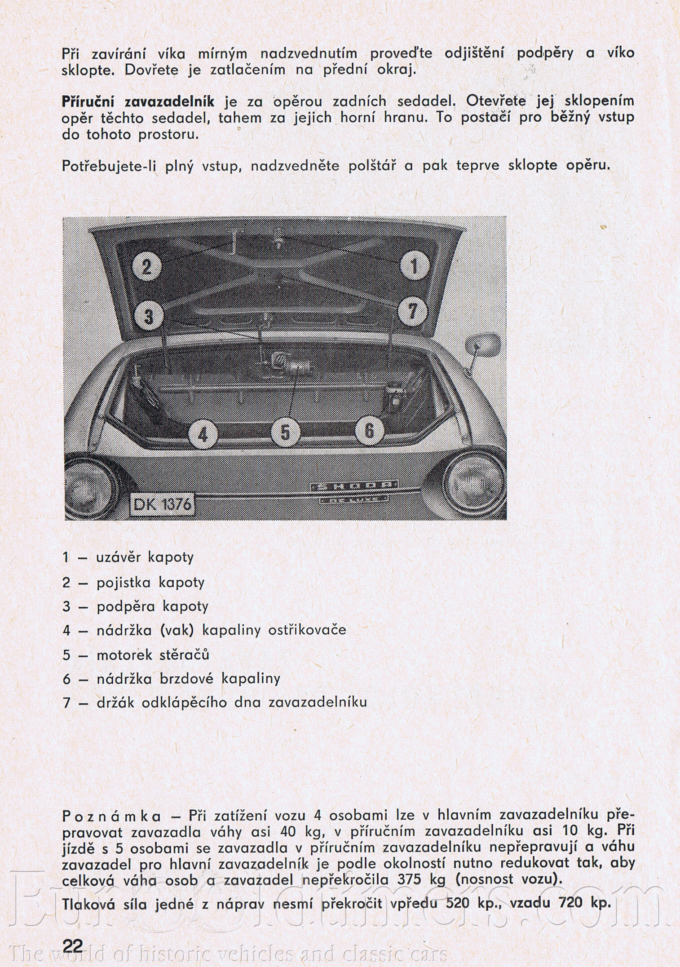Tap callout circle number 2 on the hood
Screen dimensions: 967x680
pyautogui.click(x=147, y=267)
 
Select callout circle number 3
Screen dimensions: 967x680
pyautogui.click(x=148, y=316)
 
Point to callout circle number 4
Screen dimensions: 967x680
pyautogui.click(x=203, y=434)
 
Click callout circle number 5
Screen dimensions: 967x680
pyautogui.click(x=285, y=433)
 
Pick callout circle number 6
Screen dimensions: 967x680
pyautogui.click(x=369, y=431)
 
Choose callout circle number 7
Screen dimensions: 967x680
pyautogui.click(x=412, y=311)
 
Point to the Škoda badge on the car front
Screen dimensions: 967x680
pyautogui.click(x=353, y=486)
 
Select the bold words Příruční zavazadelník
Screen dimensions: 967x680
pyautogui.click(x=138, y=101)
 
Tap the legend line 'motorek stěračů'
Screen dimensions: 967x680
pyautogui.click(x=153, y=654)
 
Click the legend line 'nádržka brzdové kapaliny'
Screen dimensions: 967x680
pyautogui.click(x=188, y=678)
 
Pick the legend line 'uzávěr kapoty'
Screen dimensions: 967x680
pyautogui.click(x=145, y=557)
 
